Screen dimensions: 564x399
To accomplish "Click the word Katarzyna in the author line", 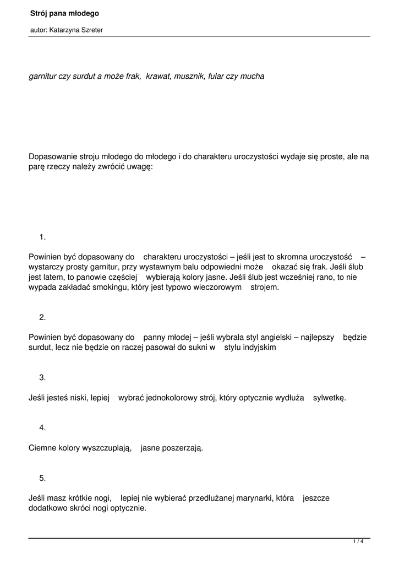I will (64, 30).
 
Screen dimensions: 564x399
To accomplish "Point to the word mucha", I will (252, 77).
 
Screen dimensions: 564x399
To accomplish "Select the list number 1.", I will (42, 237).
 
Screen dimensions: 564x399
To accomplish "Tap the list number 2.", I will (42, 317).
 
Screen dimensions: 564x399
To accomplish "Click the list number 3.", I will (42, 378).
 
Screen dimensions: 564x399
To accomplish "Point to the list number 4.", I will (42, 428).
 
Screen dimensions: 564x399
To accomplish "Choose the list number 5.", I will (42, 478).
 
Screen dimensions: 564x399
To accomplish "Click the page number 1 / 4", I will (358, 542).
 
